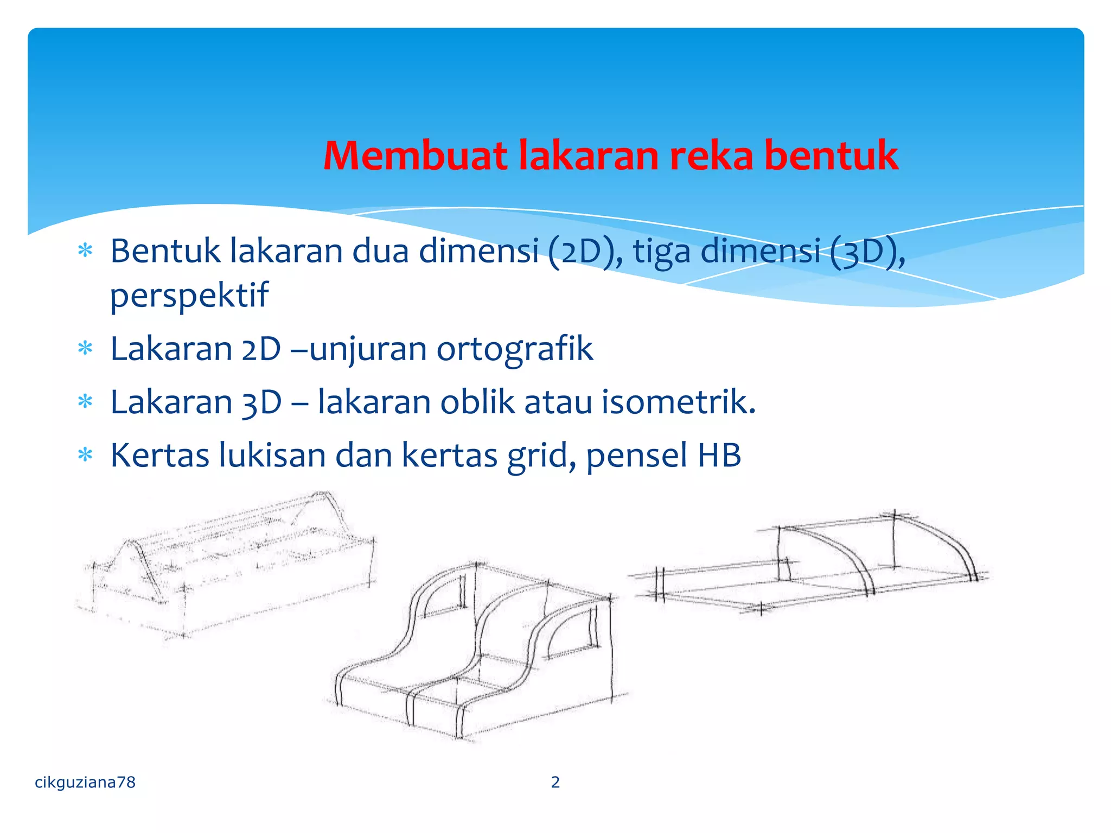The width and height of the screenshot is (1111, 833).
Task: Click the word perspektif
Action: [189, 296]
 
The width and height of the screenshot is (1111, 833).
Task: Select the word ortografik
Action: [514, 348]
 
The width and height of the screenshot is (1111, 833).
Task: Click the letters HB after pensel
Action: [719, 455]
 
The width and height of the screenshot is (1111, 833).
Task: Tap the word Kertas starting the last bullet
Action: [159, 455]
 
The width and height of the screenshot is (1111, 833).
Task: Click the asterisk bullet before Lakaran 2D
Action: [86, 348]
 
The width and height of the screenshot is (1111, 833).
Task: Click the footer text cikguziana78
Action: [85, 782]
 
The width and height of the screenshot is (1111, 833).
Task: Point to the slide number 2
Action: [555, 782]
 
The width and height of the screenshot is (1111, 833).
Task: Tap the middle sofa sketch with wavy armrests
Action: [477, 651]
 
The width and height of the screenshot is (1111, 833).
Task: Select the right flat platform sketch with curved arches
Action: [814, 564]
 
